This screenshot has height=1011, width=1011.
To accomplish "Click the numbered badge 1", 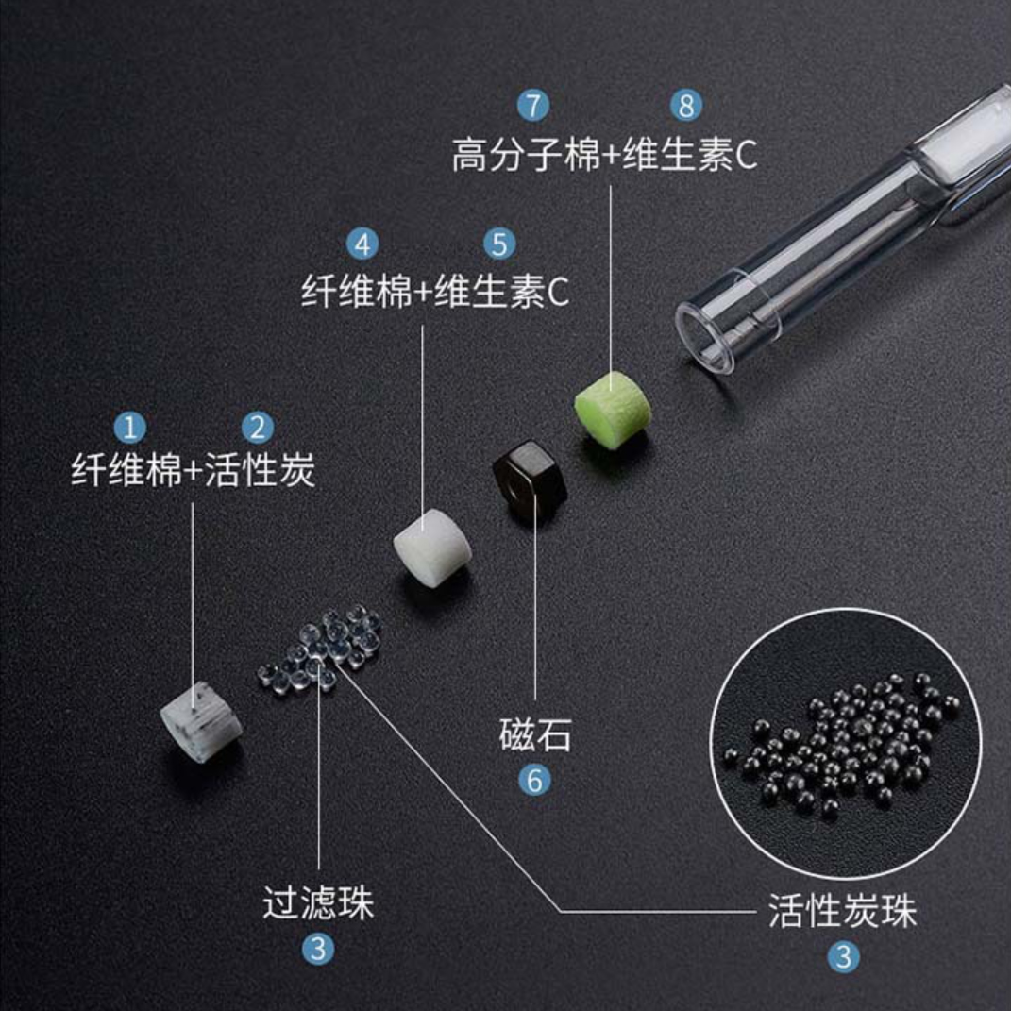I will [129, 428].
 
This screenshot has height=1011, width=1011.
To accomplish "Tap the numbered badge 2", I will [257, 428].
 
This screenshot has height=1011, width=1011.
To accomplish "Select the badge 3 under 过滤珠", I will [317, 949].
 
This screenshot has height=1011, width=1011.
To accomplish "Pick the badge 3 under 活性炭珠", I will [843, 957].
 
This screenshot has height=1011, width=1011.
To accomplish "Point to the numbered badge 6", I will [535, 780].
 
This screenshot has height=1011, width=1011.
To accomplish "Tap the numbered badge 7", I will [533, 106].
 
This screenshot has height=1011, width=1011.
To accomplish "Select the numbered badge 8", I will [686, 106].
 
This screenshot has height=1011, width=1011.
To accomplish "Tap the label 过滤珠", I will [318, 903].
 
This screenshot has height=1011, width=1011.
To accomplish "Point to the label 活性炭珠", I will [842, 912].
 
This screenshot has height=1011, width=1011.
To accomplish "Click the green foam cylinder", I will [613, 408].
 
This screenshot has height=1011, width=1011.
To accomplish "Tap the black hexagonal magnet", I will [528, 478].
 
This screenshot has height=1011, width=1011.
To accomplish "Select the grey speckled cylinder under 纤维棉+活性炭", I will [200, 722].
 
